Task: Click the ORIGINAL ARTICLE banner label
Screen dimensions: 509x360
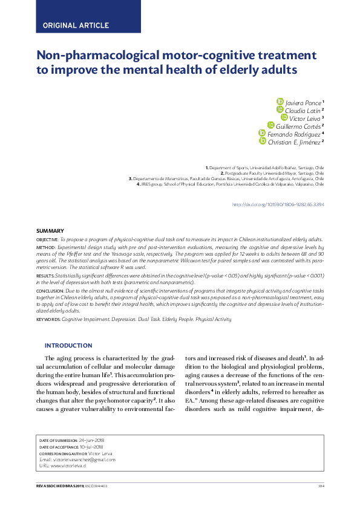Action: [x=76, y=25]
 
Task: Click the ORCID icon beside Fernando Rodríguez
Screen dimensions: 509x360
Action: [x=262, y=133]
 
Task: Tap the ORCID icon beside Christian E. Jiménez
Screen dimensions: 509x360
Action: [x=262, y=141]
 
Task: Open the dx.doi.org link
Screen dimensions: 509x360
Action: [x=278, y=205]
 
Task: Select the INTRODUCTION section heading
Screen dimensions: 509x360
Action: [x=68, y=346]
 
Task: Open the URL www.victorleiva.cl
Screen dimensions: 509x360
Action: [x=72, y=466]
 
